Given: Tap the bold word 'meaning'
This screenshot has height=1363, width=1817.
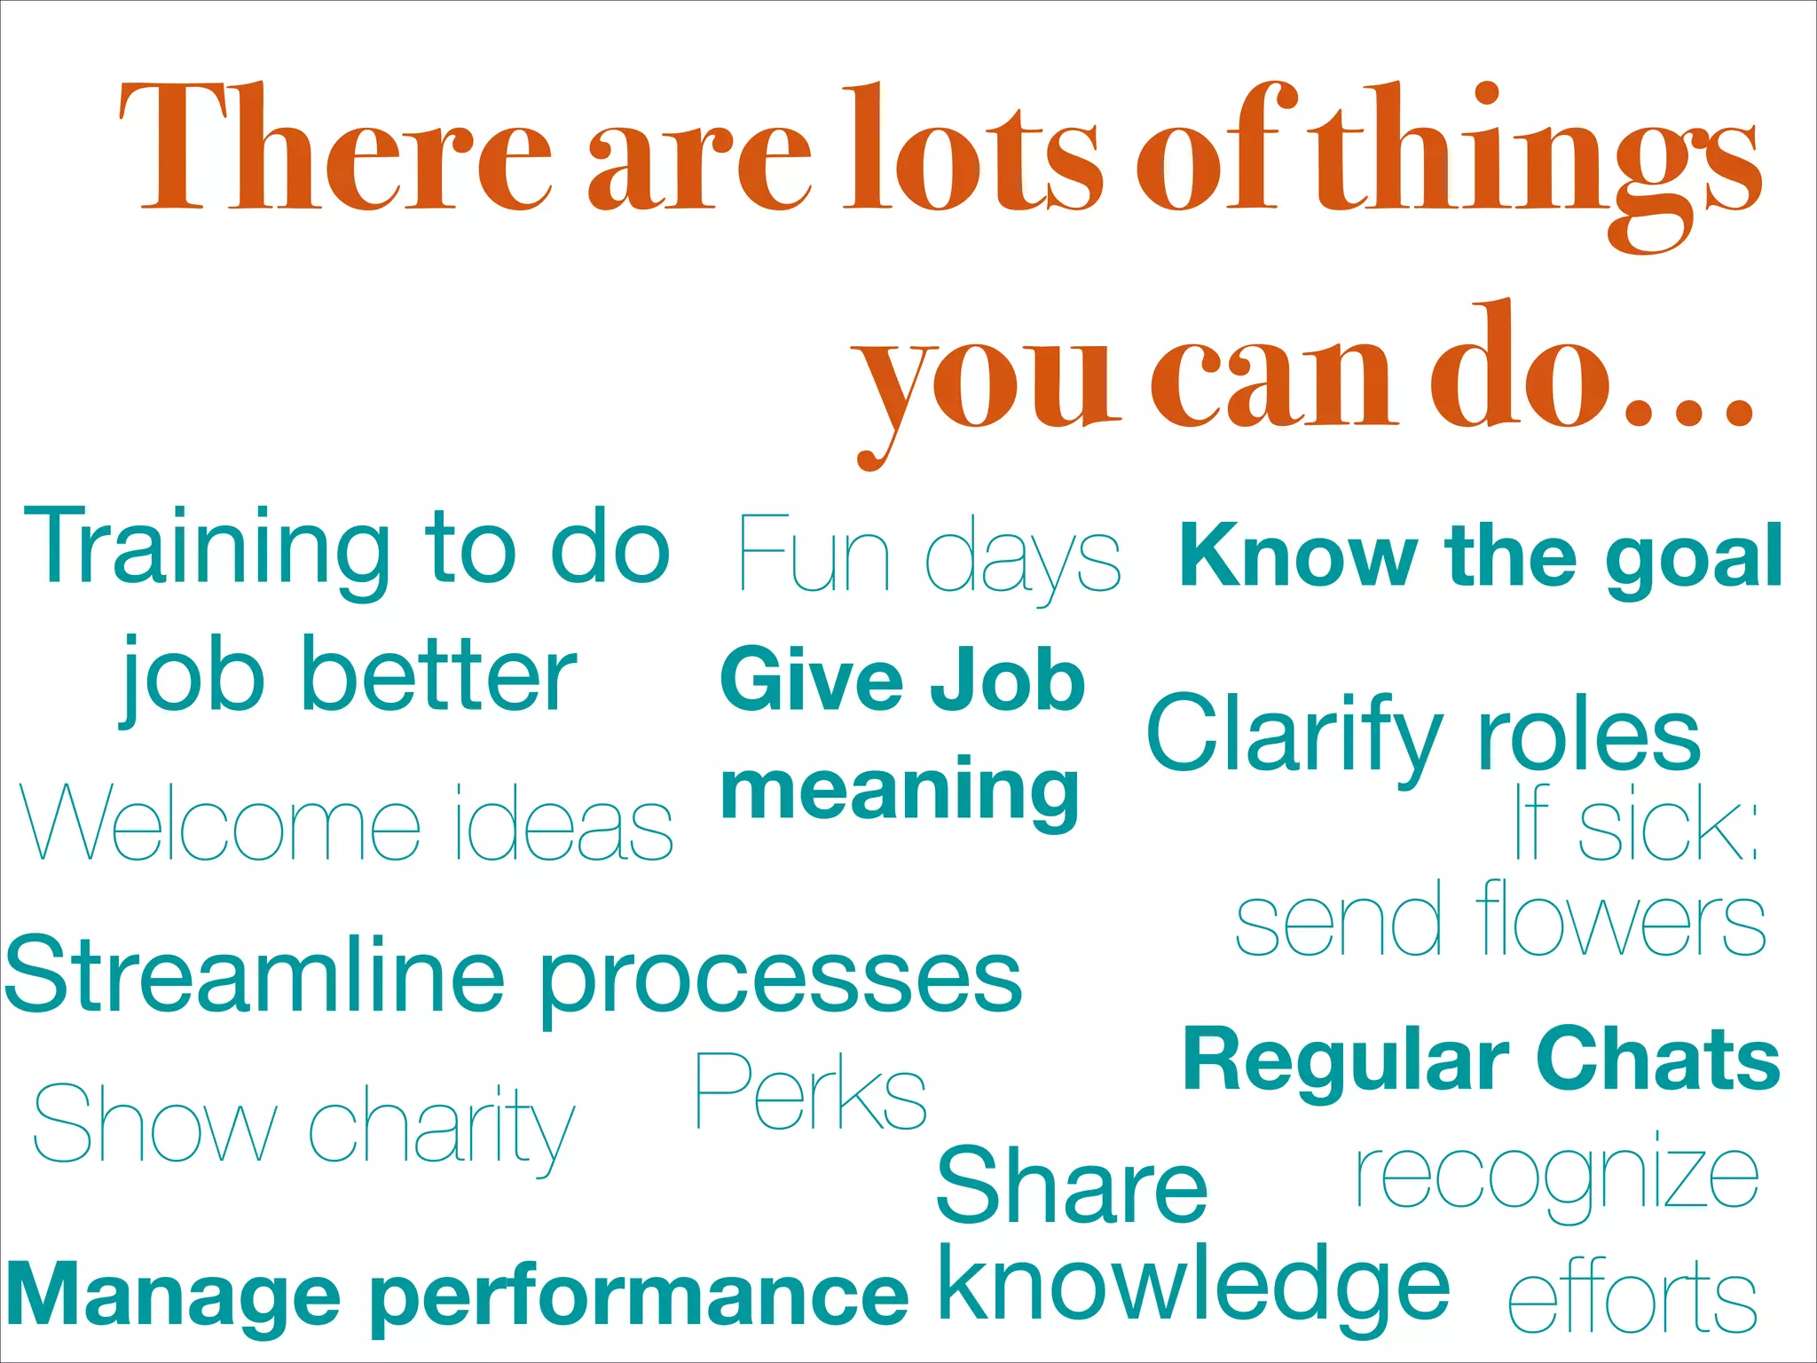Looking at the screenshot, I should coord(901,792).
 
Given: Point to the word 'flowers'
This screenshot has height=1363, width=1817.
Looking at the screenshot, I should coord(1621,920).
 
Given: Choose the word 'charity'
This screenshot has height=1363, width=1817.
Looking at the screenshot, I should coord(442,1127).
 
